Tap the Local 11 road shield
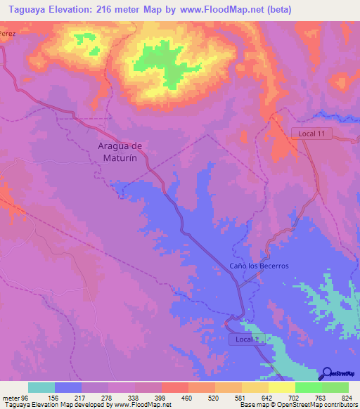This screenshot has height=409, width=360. pos(309,133)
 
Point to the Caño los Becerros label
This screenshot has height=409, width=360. pos(259,266)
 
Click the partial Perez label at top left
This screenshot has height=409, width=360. pos(8,33)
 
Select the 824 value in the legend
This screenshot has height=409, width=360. pos(345,398)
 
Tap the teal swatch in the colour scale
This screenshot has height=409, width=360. pos(41,387)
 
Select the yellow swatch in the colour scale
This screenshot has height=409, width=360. pos(281,387)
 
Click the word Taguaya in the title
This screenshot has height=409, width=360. pos(23,10)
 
